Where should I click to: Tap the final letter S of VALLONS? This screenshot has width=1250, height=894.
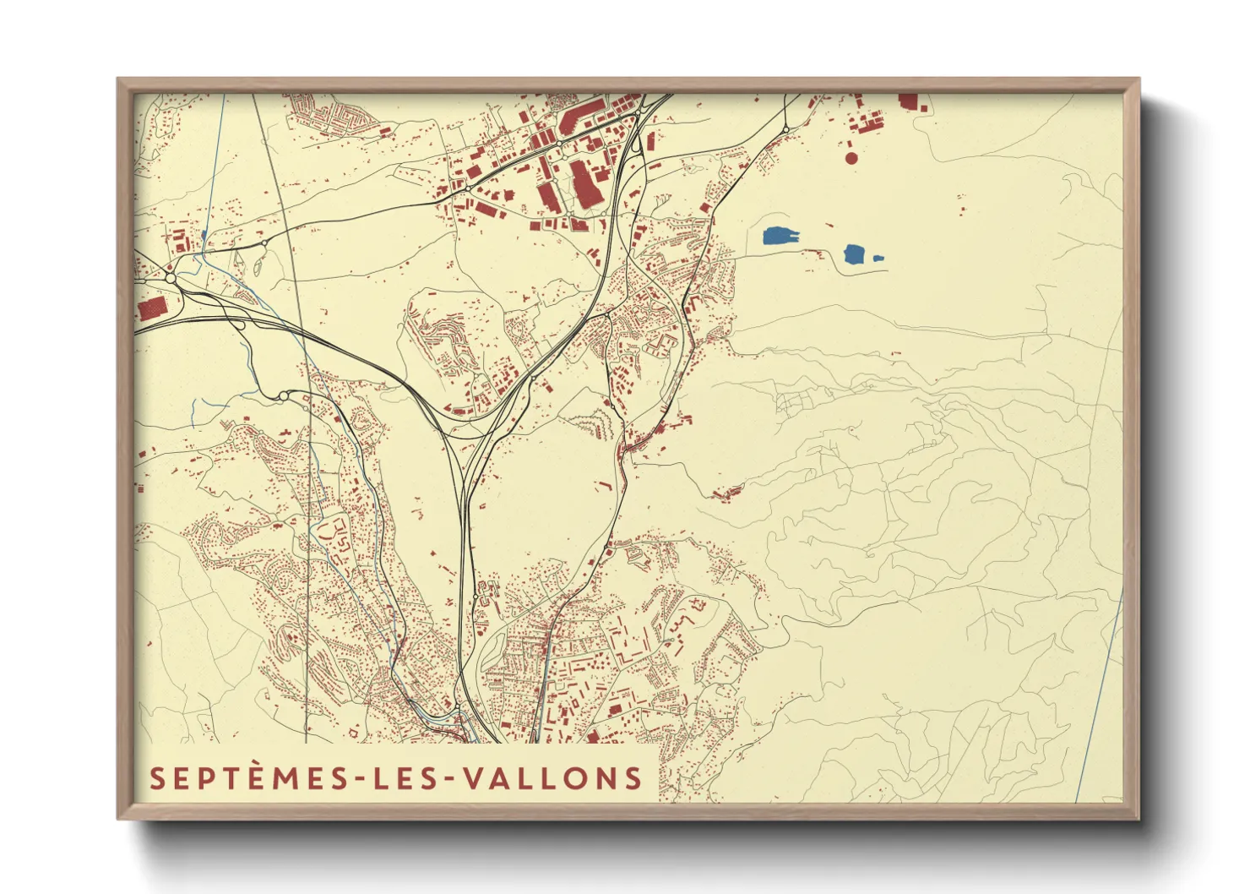click(633, 778)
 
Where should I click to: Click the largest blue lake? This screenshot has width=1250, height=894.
click(781, 236)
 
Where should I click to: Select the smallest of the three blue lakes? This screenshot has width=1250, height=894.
click(878, 258)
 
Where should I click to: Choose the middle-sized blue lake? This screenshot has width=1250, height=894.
click(855, 253)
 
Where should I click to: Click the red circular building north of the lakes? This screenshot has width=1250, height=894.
click(851, 158)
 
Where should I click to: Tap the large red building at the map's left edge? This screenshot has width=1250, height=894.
click(153, 308)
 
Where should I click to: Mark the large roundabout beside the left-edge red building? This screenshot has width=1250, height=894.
click(171, 277)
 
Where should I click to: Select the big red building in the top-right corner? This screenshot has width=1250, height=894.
click(908, 102)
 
